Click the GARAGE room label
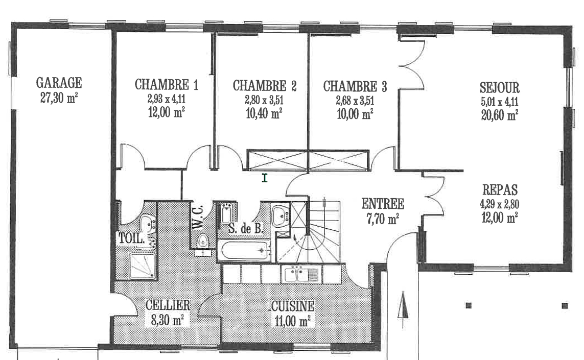pos(59,83)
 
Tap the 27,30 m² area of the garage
pos(59,98)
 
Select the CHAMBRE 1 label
pos(167,84)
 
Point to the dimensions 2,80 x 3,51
pos(264,100)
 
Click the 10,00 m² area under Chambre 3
pos(355,113)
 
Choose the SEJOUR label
pos(500,87)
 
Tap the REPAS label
pos(500,190)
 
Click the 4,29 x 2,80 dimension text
pos(500,204)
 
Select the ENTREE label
pos(383,204)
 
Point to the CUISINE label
pos(293,306)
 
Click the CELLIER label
pos(168,305)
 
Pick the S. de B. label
pos(245,228)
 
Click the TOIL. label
pos(131,238)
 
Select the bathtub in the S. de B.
pos(244,251)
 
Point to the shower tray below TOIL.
pos(142,266)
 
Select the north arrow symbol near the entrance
pos(403,310)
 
